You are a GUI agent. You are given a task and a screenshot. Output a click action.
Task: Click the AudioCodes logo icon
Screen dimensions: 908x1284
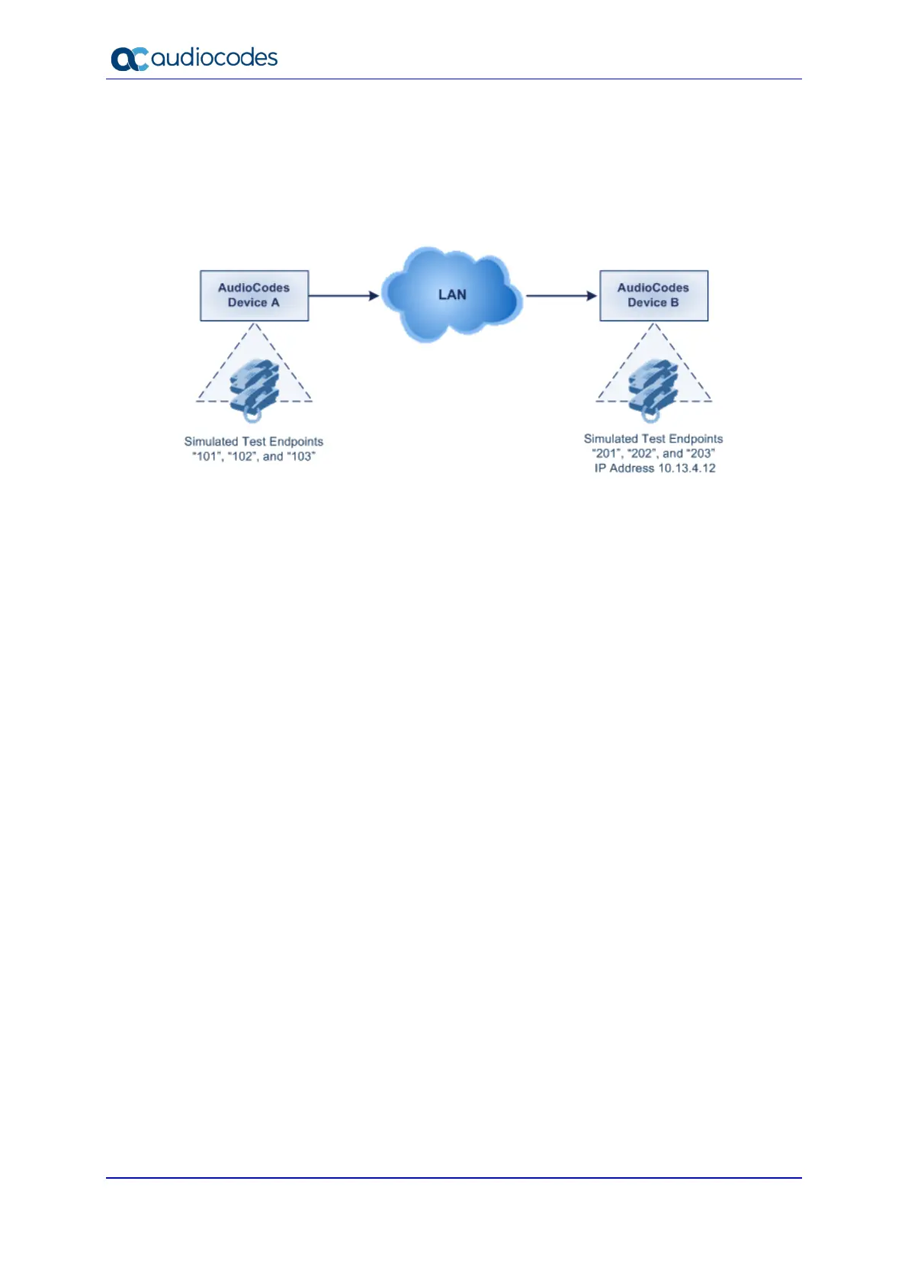click(x=129, y=59)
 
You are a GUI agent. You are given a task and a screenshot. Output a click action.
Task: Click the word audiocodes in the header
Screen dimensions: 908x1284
click(x=214, y=57)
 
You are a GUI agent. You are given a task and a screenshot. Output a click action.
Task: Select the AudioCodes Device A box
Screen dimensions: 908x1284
click(x=254, y=295)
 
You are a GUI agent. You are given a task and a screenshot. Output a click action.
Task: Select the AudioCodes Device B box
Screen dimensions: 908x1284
click(x=653, y=295)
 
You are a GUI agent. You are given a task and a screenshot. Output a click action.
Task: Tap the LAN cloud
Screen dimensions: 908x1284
click(x=452, y=295)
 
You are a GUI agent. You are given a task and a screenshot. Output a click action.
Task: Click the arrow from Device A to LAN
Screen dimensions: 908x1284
click(x=344, y=295)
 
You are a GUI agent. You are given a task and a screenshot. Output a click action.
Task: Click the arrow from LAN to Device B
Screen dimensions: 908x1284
click(x=561, y=295)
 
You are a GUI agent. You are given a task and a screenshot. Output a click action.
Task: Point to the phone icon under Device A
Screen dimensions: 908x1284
click(x=254, y=389)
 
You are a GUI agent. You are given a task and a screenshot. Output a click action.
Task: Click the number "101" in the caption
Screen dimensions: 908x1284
click(x=207, y=456)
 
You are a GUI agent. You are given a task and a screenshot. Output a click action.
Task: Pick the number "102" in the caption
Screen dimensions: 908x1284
click(x=242, y=456)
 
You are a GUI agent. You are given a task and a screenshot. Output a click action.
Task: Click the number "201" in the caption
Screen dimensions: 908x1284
click(x=607, y=453)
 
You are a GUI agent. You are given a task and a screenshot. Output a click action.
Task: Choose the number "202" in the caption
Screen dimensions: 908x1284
click(x=642, y=453)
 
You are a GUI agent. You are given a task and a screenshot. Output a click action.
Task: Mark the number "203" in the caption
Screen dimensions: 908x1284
click(x=701, y=453)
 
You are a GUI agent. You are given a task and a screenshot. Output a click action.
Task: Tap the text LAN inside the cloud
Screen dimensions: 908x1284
click(x=452, y=294)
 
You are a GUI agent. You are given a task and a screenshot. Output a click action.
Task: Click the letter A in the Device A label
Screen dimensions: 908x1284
click(x=274, y=303)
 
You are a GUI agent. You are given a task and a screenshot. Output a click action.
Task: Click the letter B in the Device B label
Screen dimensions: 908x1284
click(x=674, y=303)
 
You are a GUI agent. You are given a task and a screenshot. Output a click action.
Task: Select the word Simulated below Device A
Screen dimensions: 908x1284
click(x=211, y=442)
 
